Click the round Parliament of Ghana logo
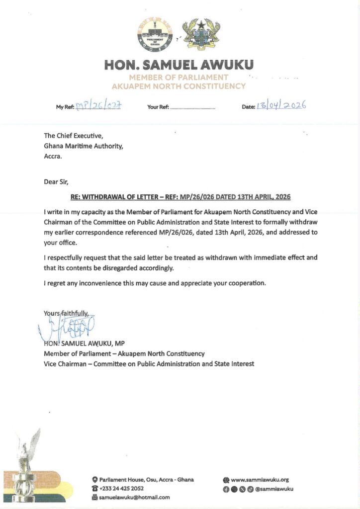pos(154,35)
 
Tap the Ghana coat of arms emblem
pos(201,34)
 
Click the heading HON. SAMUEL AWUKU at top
pos(179,65)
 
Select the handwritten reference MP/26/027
pos(99,106)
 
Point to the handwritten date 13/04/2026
pos(281,105)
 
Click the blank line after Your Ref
pos(193,107)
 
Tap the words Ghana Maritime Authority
pos(83,146)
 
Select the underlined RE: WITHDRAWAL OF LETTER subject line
pos(180,197)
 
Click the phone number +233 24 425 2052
pos(121,488)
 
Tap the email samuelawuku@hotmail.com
pos(134,497)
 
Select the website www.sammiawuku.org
pos(260,480)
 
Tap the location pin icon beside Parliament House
pos(94,480)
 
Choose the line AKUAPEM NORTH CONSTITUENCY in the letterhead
pos(179,86)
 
